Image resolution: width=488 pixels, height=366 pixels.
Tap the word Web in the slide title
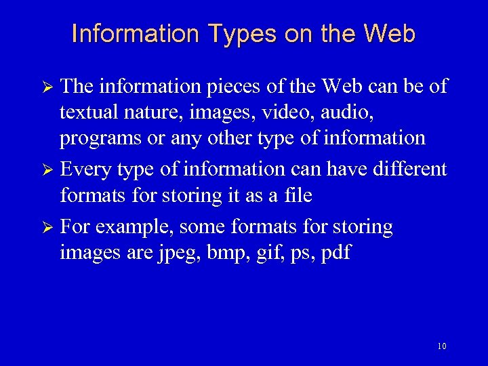pos(389,33)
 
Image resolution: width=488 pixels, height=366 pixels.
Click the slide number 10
pos(442,346)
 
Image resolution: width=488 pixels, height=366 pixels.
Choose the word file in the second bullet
pos(299,196)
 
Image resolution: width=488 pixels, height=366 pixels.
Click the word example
pos(134,227)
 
